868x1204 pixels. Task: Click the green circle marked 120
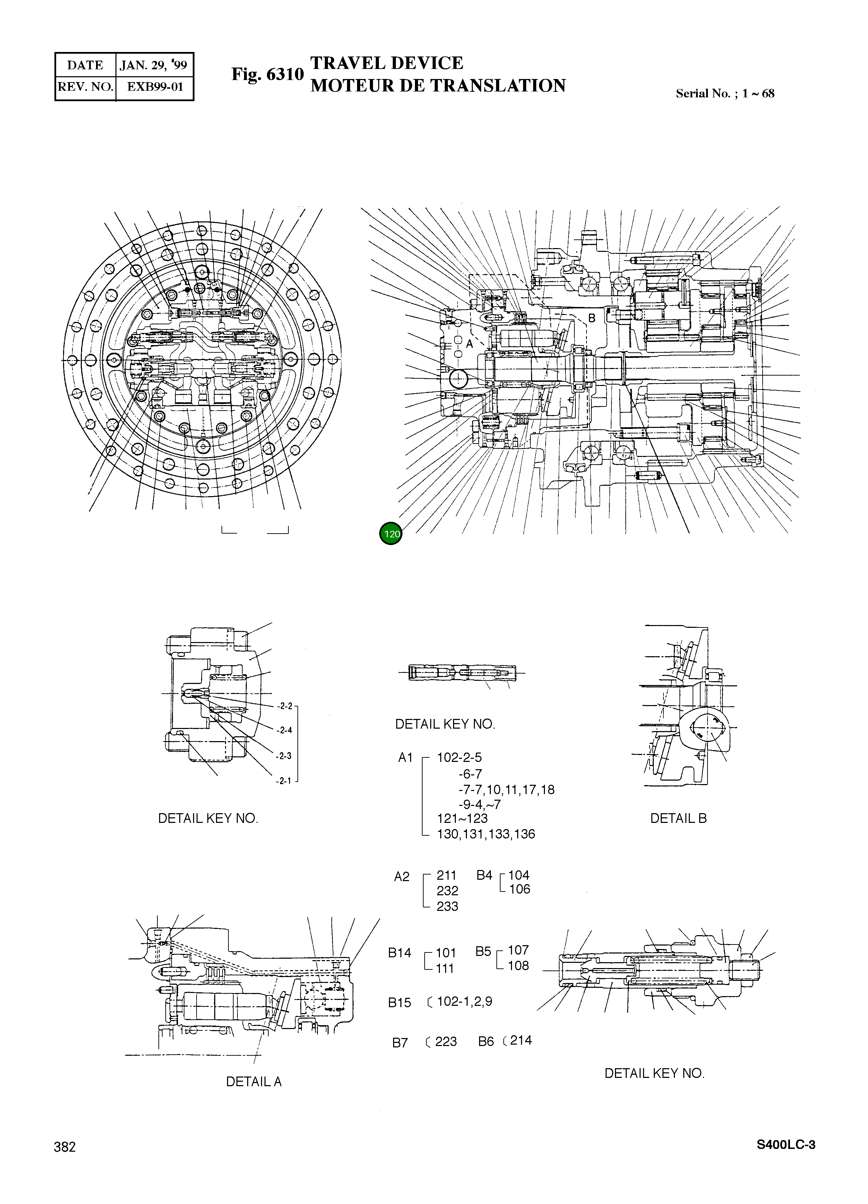click(x=391, y=534)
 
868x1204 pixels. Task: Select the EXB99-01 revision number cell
click(x=155, y=87)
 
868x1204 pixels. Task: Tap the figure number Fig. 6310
click(x=267, y=74)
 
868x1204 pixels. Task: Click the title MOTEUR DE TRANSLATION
click(x=438, y=86)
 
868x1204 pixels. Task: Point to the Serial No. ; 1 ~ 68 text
click(x=724, y=94)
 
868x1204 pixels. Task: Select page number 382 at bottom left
click(x=65, y=1147)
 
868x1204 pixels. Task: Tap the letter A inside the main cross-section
click(x=469, y=344)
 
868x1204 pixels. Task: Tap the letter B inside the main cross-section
click(x=592, y=318)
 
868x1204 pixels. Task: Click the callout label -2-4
click(x=285, y=730)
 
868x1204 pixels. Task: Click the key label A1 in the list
click(x=405, y=757)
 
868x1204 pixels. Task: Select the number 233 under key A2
click(x=447, y=906)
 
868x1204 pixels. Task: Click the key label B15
click(x=399, y=1003)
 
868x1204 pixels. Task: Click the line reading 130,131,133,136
click(x=486, y=834)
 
